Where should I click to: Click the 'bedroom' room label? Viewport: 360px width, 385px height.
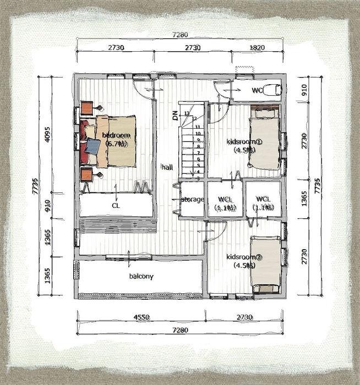[116, 135]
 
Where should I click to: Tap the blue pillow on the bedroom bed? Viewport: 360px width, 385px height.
[94, 146]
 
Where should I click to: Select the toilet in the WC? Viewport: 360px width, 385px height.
[272, 90]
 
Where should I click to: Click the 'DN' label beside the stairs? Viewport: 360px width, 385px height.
[175, 116]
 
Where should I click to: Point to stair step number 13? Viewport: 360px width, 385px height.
[187, 113]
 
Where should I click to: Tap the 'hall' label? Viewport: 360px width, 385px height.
[165, 166]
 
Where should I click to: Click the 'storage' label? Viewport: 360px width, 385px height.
[193, 199]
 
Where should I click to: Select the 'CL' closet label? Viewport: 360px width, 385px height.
[116, 205]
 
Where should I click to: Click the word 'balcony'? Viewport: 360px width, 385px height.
[141, 276]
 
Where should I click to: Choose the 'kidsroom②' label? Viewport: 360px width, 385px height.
[242, 257]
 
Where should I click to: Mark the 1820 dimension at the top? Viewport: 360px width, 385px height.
[257, 48]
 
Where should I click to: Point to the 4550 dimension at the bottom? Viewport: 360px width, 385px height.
[141, 317]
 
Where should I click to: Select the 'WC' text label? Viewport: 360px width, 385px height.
[257, 90]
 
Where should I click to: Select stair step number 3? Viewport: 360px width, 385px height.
[198, 178]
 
